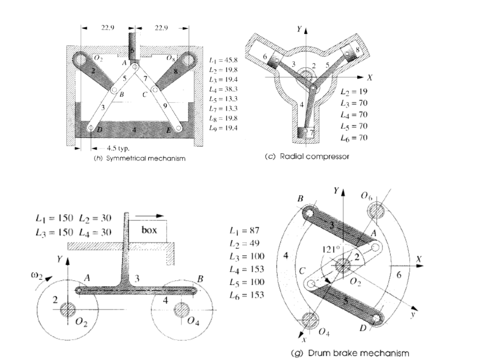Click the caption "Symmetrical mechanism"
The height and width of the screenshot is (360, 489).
pos(139,159)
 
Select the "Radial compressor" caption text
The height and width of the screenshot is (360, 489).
pos(307,157)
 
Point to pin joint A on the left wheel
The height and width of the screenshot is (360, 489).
pos(79,290)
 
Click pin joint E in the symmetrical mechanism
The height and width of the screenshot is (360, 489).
pos(178,128)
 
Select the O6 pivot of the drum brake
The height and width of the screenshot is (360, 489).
pos(377,209)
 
